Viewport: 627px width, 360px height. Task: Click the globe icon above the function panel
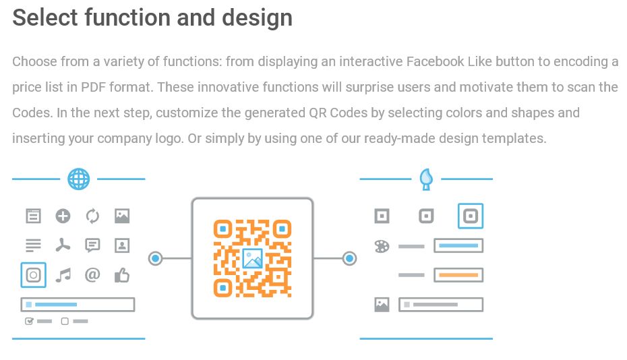tap(79, 179)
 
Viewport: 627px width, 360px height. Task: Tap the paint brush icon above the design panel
tap(426, 179)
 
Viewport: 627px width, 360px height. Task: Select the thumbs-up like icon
tap(122, 275)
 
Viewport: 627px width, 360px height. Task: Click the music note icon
tap(63, 275)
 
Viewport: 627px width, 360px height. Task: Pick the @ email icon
tap(92, 275)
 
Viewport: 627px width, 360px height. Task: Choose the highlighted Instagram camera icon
tap(34, 275)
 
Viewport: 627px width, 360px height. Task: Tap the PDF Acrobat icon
tap(63, 245)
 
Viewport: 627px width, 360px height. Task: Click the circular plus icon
tap(63, 216)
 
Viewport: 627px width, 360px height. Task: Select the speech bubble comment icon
tap(92, 245)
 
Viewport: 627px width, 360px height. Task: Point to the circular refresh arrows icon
tap(92, 216)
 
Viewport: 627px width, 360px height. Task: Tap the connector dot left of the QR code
tap(156, 258)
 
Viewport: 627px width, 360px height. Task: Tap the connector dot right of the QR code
tap(349, 258)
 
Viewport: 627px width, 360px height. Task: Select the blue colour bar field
tap(458, 246)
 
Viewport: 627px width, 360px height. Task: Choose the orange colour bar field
tap(458, 275)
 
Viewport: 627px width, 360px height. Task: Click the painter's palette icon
tap(382, 246)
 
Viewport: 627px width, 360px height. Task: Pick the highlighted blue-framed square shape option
tap(471, 216)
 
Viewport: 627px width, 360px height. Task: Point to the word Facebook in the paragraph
tap(435, 62)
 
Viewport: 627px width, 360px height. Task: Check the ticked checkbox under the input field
tap(29, 321)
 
